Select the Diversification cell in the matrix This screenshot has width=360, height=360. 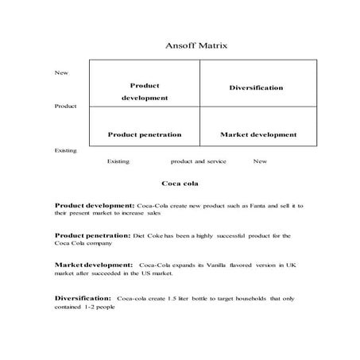click(x=256, y=87)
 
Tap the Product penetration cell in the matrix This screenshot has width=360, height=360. click(x=145, y=134)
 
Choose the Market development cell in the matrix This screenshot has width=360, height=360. click(x=258, y=134)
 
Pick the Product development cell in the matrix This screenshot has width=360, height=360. click(x=145, y=91)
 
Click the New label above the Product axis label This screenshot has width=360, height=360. click(x=61, y=72)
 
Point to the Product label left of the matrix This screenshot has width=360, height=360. click(x=66, y=106)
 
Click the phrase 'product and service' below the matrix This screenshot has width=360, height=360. click(x=199, y=161)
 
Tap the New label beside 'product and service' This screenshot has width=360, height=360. click(x=260, y=161)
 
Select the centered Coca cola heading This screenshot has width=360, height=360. click(x=179, y=184)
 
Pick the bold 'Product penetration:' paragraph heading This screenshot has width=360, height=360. click(x=93, y=235)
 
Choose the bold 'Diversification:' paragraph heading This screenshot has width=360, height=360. click(x=83, y=297)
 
